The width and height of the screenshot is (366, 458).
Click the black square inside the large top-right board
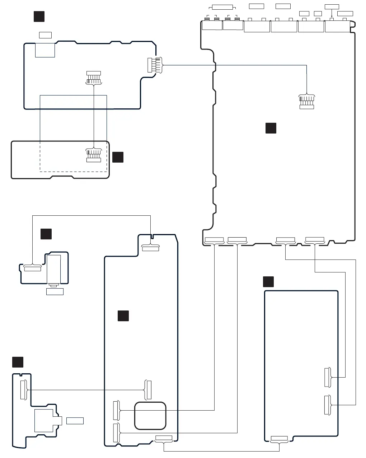click(x=271, y=128)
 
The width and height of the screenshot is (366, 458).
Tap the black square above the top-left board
click(x=39, y=17)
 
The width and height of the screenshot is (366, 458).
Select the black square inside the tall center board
click(x=123, y=316)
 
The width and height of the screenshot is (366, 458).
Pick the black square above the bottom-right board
click(x=268, y=282)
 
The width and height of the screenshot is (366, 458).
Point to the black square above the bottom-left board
click(x=18, y=362)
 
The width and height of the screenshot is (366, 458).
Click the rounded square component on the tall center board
click(x=150, y=416)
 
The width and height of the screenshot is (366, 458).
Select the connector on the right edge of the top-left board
click(x=150, y=65)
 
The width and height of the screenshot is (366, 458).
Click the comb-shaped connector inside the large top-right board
click(x=307, y=102)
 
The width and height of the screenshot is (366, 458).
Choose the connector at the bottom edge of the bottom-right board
click(x=279, y=438)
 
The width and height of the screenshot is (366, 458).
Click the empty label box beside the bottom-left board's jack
click(x=75, y=421)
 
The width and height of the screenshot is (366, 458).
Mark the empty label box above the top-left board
click(x=45, y=35)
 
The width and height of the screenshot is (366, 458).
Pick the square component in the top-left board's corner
click(x=45, y=50)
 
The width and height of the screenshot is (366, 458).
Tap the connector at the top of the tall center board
click(x=150, y=248)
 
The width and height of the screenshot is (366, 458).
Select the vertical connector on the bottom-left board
click(x=23, y=390)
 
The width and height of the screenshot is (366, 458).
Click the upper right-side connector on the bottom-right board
click(x=327, y=377)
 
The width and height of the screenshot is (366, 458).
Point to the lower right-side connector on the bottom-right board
click(x=327, y=405)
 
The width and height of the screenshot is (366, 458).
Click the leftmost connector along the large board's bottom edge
click(x=214, y=240)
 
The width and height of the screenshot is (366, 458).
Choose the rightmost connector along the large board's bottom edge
click(x=314, y=239)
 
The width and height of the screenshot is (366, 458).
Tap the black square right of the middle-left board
click(x=118, y=157)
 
